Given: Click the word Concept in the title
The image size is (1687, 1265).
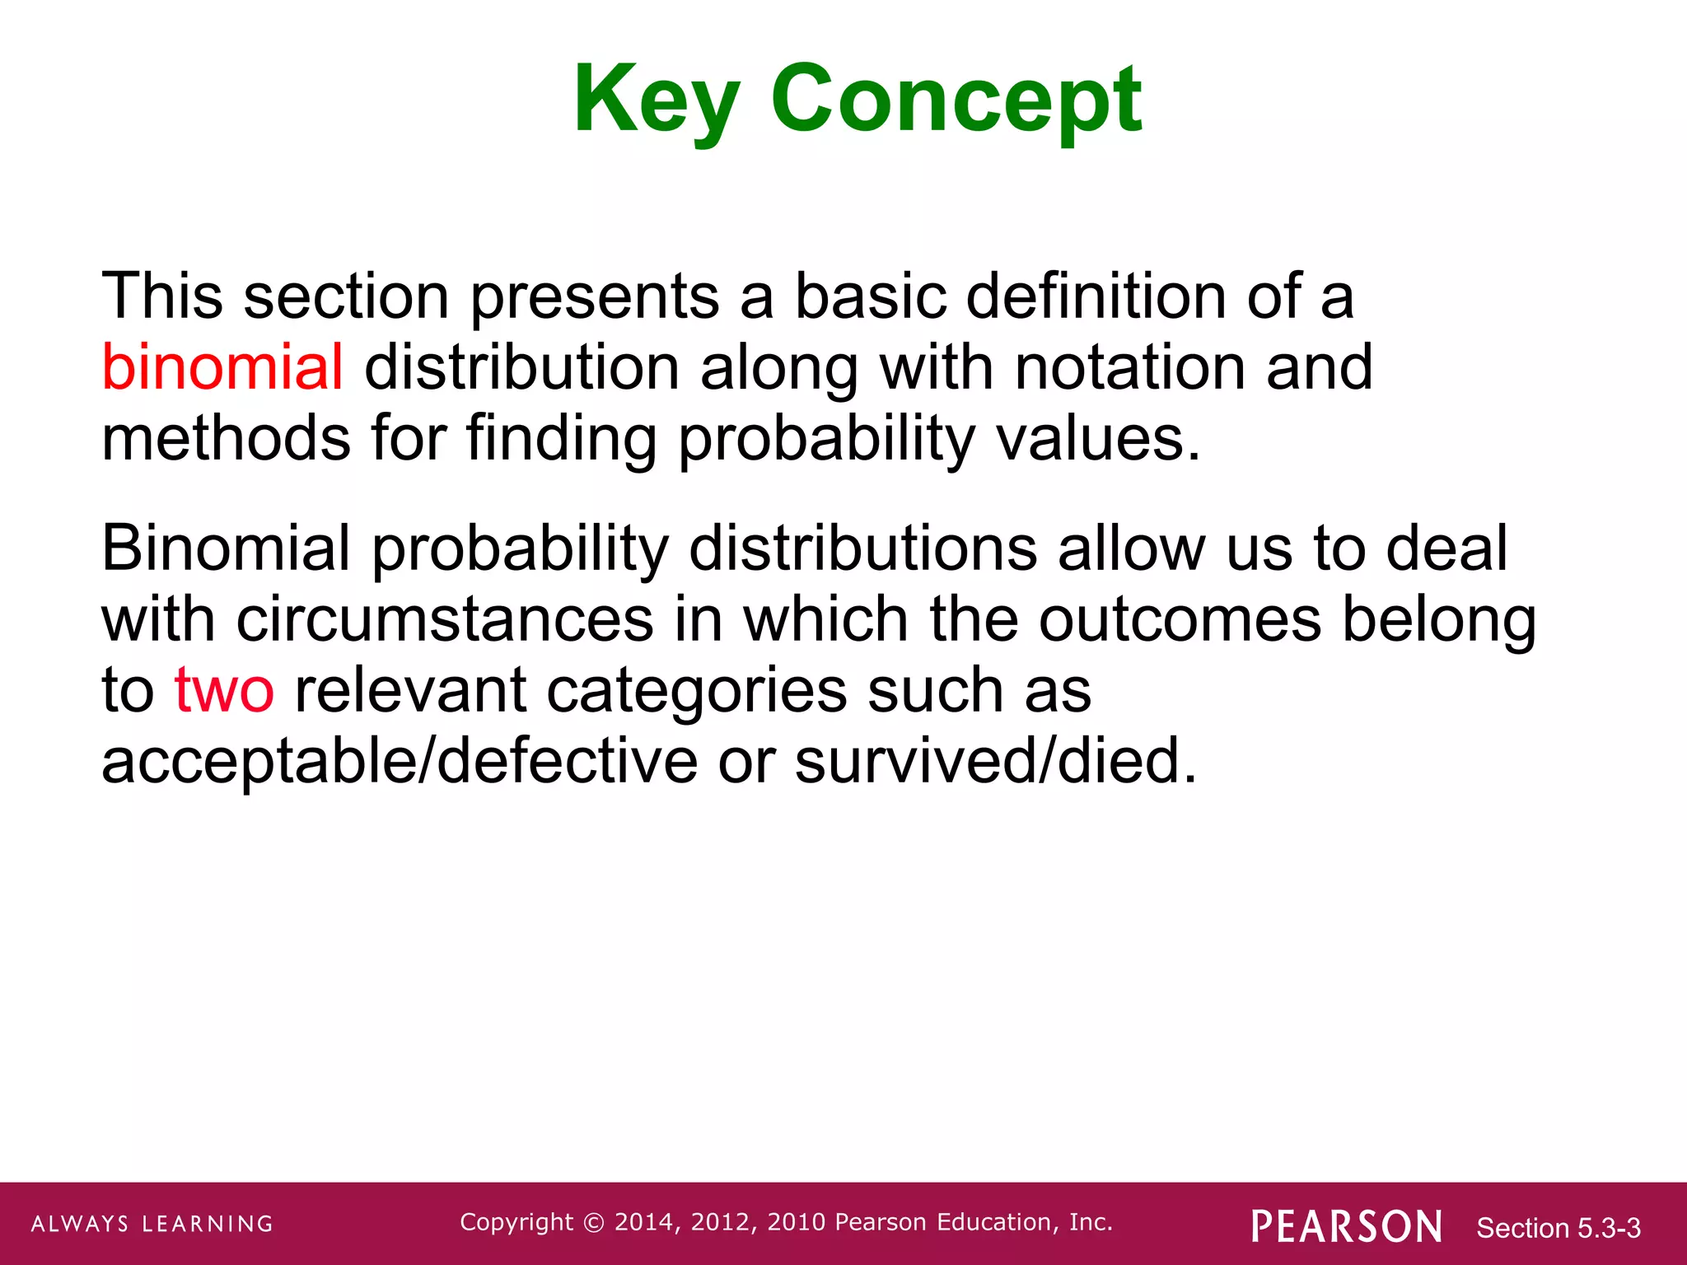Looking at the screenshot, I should pyautogui.click(x=956, y=100).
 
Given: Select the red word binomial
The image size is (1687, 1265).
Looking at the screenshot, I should pyautogui.click(x=222, y=367).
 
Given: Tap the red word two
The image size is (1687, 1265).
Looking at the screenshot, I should pyautogui.click(x=224, y=690).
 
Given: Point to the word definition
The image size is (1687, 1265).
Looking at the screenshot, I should pyautogui.click(x=1096, y=296).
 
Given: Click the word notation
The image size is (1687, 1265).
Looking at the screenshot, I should pyautogui.click(x=1129, y=367).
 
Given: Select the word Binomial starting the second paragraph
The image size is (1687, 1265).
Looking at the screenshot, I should pyautogui.click(x=226, y=548).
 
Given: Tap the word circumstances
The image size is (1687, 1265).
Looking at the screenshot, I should pyautogui.click(x=445, y=619).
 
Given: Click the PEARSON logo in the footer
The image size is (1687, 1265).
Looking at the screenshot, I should pyautogui.click(x=1347, y=1226).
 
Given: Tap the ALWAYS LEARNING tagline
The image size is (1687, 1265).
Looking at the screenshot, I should pyautogui.click(x=152, y=1224).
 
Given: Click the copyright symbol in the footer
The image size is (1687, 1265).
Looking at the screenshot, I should pyautogui.click(x=593, y=1223).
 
